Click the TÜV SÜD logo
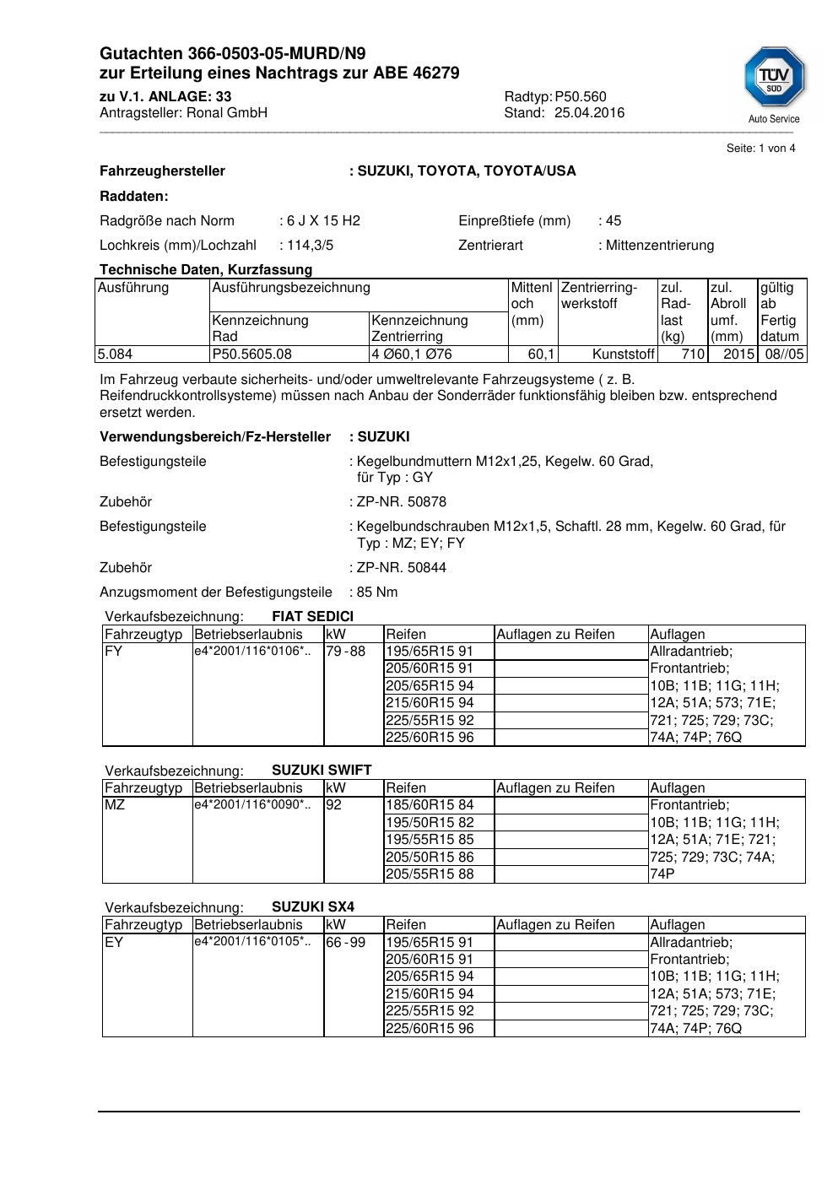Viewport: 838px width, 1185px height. pos(774,78)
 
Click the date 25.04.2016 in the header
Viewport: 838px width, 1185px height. pos(589,113)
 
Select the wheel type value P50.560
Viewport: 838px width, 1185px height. pos(581,97)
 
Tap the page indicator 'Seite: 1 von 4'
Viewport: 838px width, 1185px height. pos(760,149)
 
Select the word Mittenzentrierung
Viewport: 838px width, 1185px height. pos(659,246)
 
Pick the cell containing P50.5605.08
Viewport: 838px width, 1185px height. pos(251,354)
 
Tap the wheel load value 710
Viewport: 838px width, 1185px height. pos(693,354)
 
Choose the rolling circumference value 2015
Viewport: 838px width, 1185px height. pos(738,354)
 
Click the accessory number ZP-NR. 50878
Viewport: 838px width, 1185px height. pos(401,502)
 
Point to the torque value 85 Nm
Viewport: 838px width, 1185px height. pos(377,592)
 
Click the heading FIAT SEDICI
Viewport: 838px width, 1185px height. pos(312,617)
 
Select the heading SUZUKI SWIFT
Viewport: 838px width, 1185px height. pos(322,771)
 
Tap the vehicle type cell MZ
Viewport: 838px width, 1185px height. pos(115,805)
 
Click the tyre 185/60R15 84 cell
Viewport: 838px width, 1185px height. pos(430,805)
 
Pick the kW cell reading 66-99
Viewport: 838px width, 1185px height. pos(345,943)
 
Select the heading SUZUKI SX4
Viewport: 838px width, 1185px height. pos(313,907)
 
